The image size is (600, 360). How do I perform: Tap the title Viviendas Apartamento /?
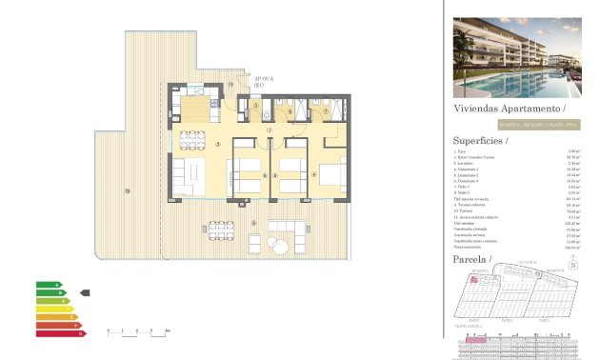tap(502, 110)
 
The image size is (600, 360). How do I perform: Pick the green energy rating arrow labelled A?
tap(49, 285)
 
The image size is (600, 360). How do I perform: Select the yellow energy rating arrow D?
tap(54, 309)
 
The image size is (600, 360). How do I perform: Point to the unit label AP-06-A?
tap(264, 79)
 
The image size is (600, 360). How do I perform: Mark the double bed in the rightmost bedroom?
tap(333, 175)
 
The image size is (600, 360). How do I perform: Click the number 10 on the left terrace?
tap(127, 193)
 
